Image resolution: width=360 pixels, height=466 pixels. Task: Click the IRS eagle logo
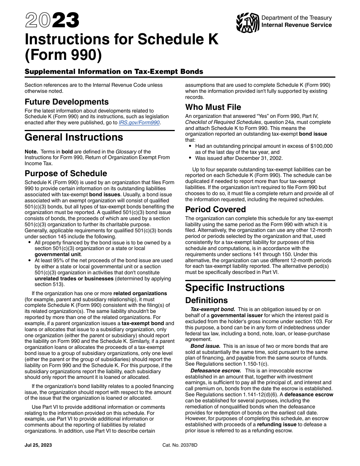click(x=247, y=22)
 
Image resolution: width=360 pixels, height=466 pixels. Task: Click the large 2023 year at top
click(x=52, y=20)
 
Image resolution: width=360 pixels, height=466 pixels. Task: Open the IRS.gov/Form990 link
click(x=144, y=122)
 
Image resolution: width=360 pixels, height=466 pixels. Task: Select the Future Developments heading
click(x=67, y=102)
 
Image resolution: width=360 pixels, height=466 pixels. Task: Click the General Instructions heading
click(x=74, y=137)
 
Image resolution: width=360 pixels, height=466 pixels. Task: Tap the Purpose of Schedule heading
click(x=66, y=174)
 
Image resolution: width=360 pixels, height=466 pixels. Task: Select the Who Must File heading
click(x=213, y=107)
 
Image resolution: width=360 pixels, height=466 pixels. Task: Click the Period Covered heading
click(x=215, y=210)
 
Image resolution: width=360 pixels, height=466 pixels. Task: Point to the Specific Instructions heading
click(x=235, y=288)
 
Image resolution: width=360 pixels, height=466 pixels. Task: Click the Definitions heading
click(x=207, y=300)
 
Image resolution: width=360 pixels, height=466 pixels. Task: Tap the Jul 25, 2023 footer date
click(x=38, y=445)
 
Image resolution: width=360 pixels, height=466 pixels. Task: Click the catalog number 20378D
click(x=180, y=445)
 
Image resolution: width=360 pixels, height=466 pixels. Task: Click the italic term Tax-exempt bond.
click(x=213, y=310)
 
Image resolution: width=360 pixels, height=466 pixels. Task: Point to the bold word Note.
click(x=31, y=152)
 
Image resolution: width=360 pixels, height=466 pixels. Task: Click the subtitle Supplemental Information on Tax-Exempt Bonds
click(x=114, y=72)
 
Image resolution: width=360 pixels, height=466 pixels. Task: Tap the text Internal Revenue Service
click(x=297, y=25)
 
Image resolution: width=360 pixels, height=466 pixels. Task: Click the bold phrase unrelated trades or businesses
click(x=74, y=278)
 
